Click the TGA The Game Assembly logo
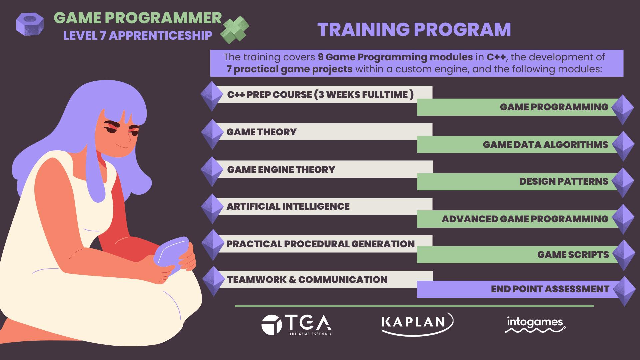296,325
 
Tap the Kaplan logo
417,323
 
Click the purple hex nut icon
30,24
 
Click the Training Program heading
414,29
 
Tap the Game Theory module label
261,132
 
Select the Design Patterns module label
564,181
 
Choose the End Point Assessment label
550,289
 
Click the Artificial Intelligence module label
288,206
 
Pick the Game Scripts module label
573,255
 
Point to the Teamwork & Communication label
307,279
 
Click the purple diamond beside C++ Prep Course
212,96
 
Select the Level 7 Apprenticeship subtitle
138,35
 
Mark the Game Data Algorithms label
546,145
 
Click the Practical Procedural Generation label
320,244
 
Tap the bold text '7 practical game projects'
289,69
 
